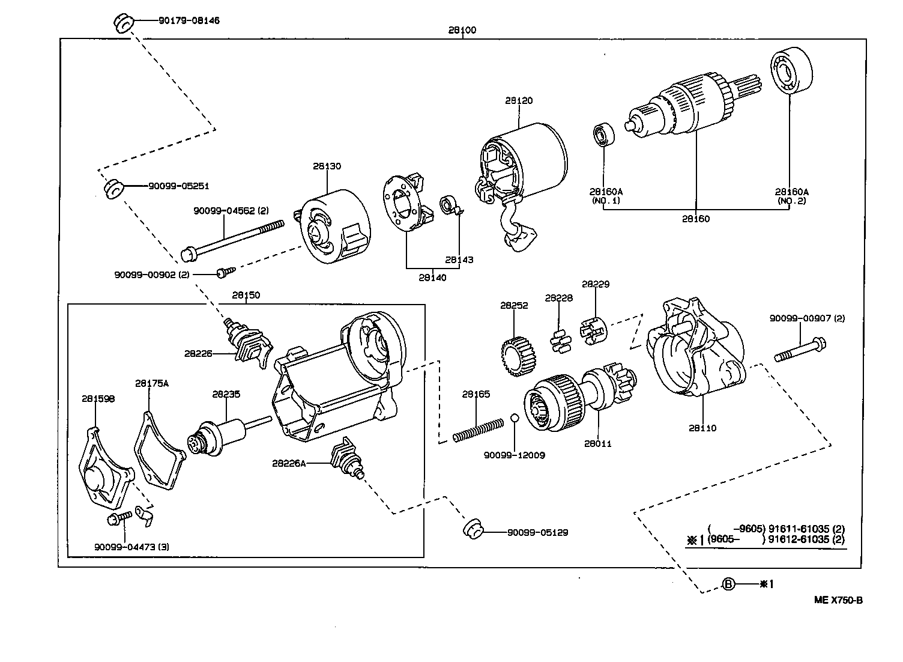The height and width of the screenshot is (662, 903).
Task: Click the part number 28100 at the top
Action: (x=462, y=30)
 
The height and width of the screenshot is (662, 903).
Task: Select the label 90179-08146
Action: (x=189, y=20)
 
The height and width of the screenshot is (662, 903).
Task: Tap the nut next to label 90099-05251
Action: (x=112, y=189)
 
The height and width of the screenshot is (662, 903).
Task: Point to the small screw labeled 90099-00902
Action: (x=224, y=273)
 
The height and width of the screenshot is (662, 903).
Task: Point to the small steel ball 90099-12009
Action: (x=515, y=419)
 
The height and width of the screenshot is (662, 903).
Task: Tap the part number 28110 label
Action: (x=702, y=428)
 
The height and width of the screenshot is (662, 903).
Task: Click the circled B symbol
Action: (x=728, y=583)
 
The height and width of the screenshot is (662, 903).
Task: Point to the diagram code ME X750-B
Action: (x=838, y=600)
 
